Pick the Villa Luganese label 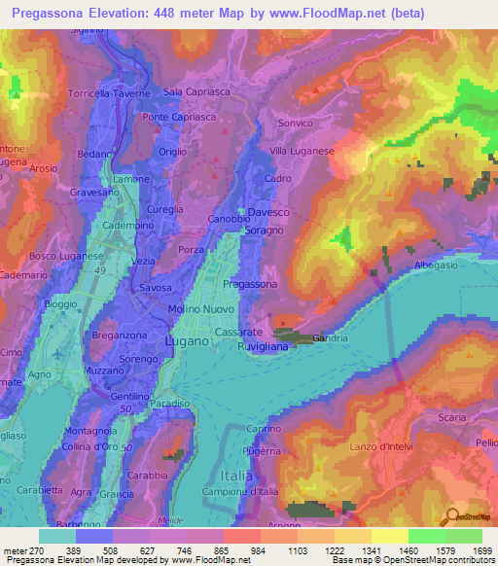click(x=302, y=152)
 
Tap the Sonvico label click(x=296, y=124)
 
